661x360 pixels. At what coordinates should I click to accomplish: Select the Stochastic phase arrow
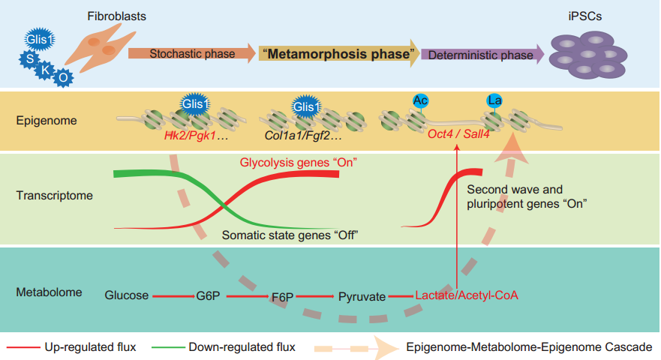pos(191,54)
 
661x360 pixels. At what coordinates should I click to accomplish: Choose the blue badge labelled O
pos(64,76)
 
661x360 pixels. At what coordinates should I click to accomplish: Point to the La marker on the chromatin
pos(494,100)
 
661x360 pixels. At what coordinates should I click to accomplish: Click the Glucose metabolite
pos(127,295)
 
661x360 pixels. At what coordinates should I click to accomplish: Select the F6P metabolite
pos(282,295)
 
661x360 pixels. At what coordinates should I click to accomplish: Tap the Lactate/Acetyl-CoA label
pos(467,295)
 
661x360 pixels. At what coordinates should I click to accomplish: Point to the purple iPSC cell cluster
pos(587,56)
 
